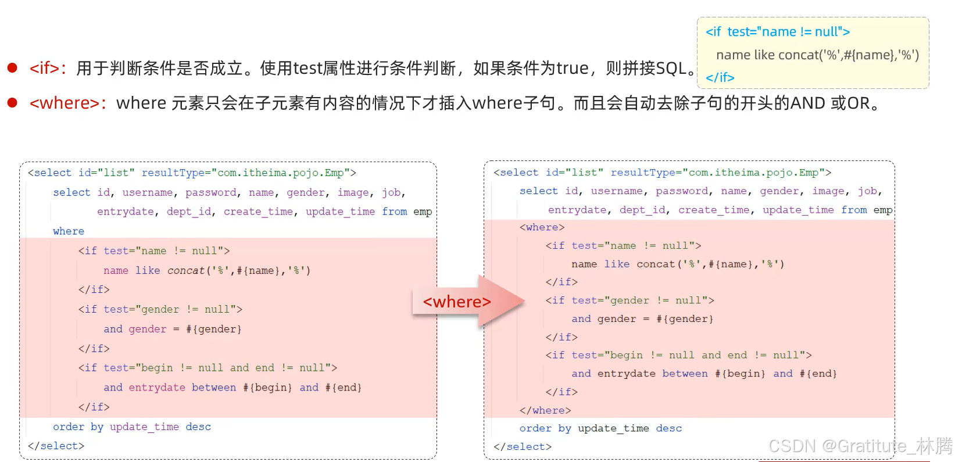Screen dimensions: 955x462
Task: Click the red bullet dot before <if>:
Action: click(12, 68)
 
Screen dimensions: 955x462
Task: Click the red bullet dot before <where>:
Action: click(12, 103)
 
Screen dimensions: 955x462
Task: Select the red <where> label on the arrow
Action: click(457, 302)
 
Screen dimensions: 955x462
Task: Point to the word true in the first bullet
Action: click(573, 69)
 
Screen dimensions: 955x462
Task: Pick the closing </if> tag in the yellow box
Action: click(720, 78)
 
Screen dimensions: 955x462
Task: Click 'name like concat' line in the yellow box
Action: click(817, 55)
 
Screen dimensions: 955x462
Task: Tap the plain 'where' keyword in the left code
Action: click(69, 231)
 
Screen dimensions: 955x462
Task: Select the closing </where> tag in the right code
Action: click(545, 410)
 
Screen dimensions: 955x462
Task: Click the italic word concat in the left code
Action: click(186, 270)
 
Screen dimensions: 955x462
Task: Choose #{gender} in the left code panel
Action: click(213, 330)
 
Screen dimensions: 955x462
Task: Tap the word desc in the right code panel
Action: click(668, 429)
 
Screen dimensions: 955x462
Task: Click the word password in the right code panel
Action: click(682, 191)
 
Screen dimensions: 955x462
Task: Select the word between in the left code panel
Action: click(214, 388)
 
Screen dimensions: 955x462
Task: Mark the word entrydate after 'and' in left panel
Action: click(157, 388)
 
